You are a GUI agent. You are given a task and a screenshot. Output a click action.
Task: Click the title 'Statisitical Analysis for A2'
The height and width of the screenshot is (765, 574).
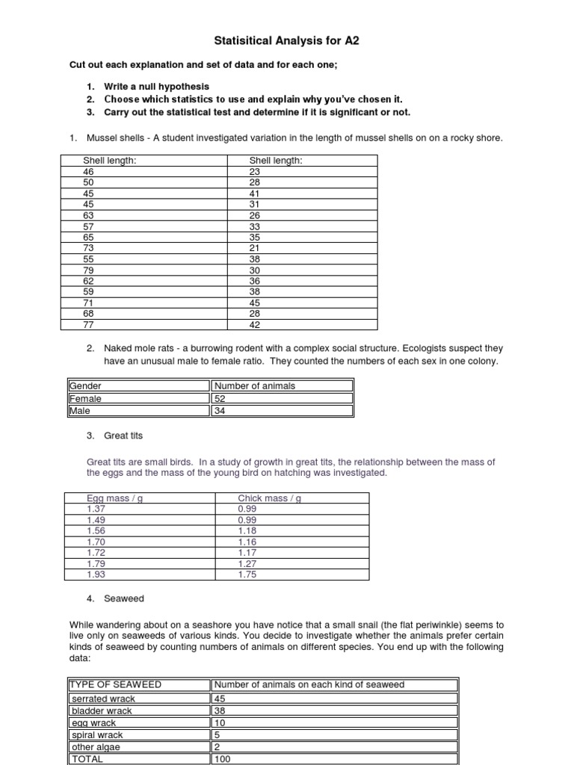point(287,42)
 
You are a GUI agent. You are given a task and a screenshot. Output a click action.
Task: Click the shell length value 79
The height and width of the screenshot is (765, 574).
point(89,270)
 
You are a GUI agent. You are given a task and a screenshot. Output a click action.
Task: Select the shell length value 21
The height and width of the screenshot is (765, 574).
point(254,248)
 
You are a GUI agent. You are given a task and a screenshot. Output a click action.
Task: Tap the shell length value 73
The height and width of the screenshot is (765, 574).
point(89,248)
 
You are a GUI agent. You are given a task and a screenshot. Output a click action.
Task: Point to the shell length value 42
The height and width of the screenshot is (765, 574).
point(254,325)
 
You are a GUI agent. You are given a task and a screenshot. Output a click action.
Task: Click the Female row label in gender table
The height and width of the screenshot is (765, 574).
point(85,398)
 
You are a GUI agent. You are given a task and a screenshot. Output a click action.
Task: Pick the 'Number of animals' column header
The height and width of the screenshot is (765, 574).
point(255,385)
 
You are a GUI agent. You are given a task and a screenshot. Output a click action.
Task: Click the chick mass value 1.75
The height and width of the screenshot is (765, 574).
point(247,574)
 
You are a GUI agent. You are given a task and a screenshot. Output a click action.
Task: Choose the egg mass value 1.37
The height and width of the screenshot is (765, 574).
point(96,509)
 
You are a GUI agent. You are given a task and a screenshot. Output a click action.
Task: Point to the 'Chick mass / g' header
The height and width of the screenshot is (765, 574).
point(269,498)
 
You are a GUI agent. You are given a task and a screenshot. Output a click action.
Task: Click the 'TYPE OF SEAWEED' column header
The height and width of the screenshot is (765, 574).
point(115,685)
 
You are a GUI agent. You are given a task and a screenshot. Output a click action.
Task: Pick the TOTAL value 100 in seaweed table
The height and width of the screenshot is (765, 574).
point(223,758)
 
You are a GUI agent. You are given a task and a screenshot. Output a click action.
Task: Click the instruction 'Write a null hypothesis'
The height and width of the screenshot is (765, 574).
point(157,87)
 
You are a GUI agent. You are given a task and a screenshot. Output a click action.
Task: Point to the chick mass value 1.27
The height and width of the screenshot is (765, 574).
point(247,563)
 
